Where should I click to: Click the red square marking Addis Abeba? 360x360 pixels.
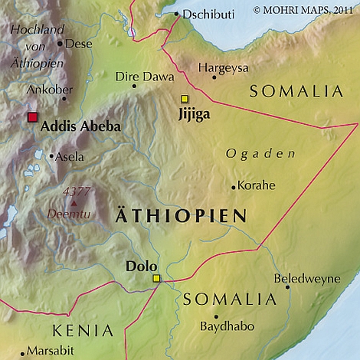click(32, 117)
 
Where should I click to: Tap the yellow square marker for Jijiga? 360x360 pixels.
click(184, 99)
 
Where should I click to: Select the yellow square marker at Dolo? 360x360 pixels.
click(156, 279)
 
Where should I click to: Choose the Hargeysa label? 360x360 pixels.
click(224, 67)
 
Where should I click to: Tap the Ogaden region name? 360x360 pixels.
click(260, 154)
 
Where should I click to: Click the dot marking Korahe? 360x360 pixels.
click(233, 186)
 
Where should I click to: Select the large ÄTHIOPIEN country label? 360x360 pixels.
click(180, 217)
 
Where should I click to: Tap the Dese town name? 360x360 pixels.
click(79, 44)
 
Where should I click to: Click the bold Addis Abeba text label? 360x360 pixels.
click(79, 126)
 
